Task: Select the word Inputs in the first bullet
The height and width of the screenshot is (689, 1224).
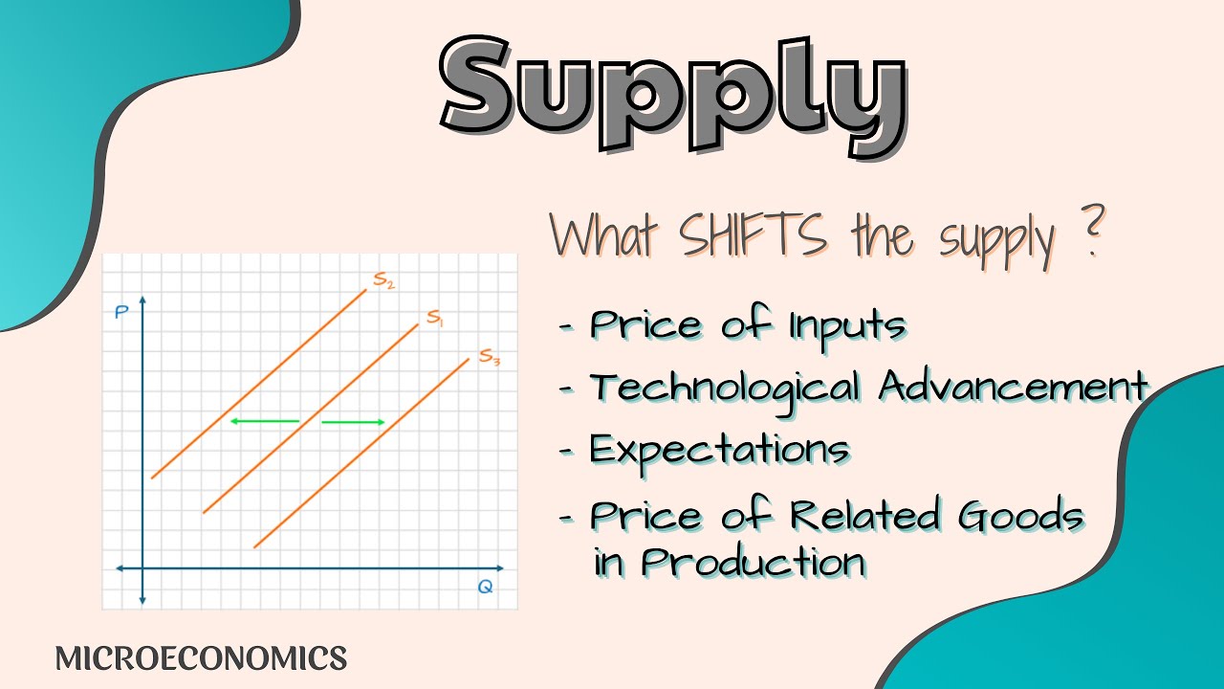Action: pyautogui.click(x=847, y=325)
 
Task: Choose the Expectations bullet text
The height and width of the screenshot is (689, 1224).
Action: pyautogui.click(x=719, y=450)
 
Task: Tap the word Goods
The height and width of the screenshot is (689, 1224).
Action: pyautogui.click(x=1021, y=516)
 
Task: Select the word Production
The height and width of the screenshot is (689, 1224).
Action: pyautogui.click(x=754, y=562)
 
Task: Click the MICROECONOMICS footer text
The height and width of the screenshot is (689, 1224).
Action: pyautogui.click(x=201, y=658)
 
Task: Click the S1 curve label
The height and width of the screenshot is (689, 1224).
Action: pyautogui.click(x=435, y=318)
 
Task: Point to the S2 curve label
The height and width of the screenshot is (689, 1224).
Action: pyautogui.click(x=384, y=280)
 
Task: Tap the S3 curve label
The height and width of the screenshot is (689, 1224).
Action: pyautogui.click(x=489, y=357)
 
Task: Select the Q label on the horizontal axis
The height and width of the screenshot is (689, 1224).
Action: pyautogui.click(x=485, y=587)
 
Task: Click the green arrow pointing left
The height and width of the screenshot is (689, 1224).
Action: pyautogui.click(x=264, y=421)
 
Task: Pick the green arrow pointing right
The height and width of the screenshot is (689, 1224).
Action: pyautogui.click(x=353, y=422)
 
